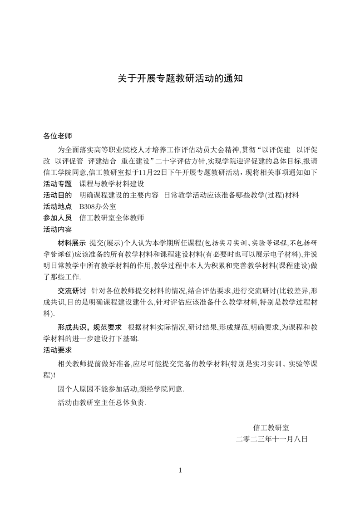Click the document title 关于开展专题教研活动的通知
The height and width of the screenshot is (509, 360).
click(x=180, y=78)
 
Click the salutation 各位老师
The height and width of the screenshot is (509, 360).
click(x=57, y=136)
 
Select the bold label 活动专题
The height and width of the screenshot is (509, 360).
click(x=57, y=184)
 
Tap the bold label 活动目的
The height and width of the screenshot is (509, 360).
click(x=57, y=195)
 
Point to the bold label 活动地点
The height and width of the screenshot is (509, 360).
click(x=57, y=206)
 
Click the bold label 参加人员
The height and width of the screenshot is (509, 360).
click(x=57, y=218)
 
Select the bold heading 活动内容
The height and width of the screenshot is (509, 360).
click(x=57, y=229)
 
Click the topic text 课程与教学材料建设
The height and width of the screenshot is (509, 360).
click(x=112, y=184)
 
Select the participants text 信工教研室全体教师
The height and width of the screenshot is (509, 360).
click(x=112, y=218)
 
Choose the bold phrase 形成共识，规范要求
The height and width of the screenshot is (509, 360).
click(x=90, y=327)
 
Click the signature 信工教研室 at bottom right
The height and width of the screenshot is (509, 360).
click(x=271, y=427)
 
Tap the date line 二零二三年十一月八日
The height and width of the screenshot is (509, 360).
click(x=271, y=439)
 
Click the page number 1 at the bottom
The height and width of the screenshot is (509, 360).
click(x=180, y=470)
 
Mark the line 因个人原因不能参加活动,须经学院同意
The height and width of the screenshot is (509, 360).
click(x=121, y=389)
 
